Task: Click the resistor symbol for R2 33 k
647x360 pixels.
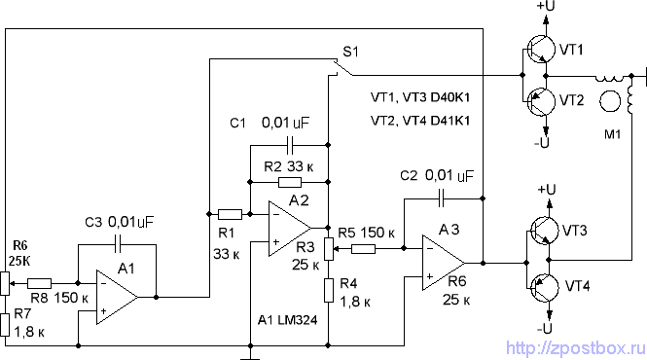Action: coord(289,181)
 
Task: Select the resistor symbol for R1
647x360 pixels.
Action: coord(229,213)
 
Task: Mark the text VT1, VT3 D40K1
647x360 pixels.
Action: coord(420,98)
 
